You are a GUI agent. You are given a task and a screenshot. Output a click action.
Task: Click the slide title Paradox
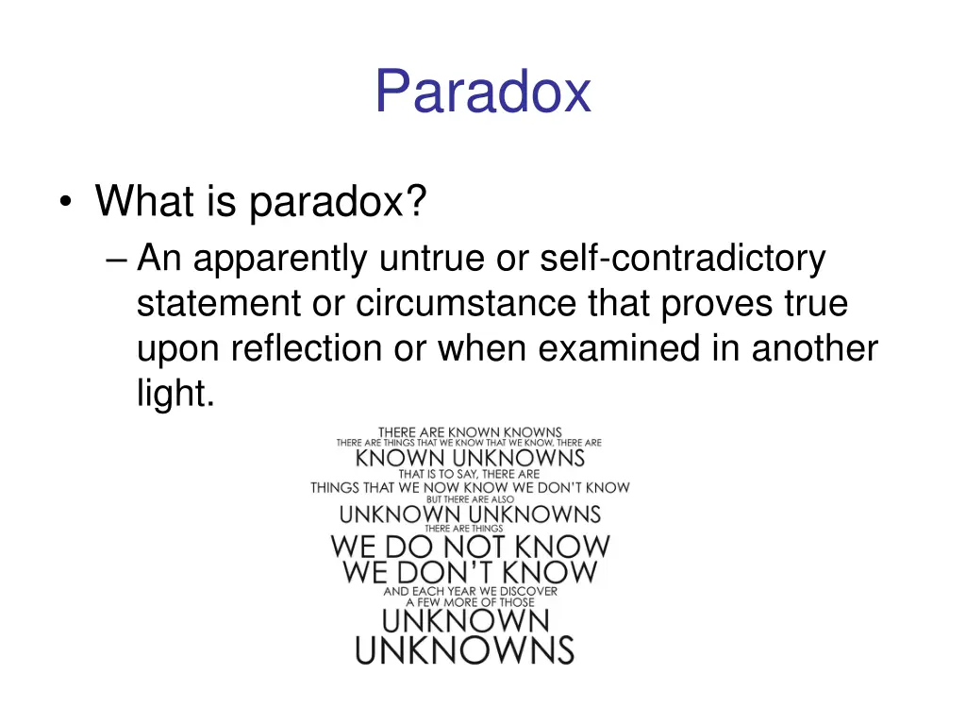pyautogui.click(x=482, y=92)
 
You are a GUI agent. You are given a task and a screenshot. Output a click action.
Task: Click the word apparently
pyautogui.click(x=279, y=259)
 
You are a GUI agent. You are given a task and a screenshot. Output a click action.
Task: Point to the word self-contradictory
pyautogui.click(x=682, y=258)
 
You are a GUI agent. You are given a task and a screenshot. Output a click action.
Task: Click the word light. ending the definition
pyautogui.click(x=175, y=394)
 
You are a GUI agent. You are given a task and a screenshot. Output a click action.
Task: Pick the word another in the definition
pyautogui.click(x=815, y=349)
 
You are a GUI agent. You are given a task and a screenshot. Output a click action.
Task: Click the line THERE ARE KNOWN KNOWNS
pyautogui.click(x=470, y=432)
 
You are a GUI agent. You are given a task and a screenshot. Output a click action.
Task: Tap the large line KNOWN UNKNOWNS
pyautogui.click(x=470, y=459)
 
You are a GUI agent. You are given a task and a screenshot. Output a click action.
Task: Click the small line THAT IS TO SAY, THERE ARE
pyautogui.click(x=469, y=474)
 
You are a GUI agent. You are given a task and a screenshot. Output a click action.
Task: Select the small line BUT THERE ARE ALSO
pyautogui.click(x=470, y=500)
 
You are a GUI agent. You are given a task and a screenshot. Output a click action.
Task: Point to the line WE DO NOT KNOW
pyautogui.click(x=470, y=547)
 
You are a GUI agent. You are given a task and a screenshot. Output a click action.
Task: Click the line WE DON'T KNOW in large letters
pyautogui.click(x=470, y=573)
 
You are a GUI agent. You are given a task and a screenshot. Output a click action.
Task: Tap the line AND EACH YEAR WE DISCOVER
pyautogui.click(x=470, y=591)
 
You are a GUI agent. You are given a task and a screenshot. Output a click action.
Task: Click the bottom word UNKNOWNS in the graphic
pyautogui.click(x=465, y=651)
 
